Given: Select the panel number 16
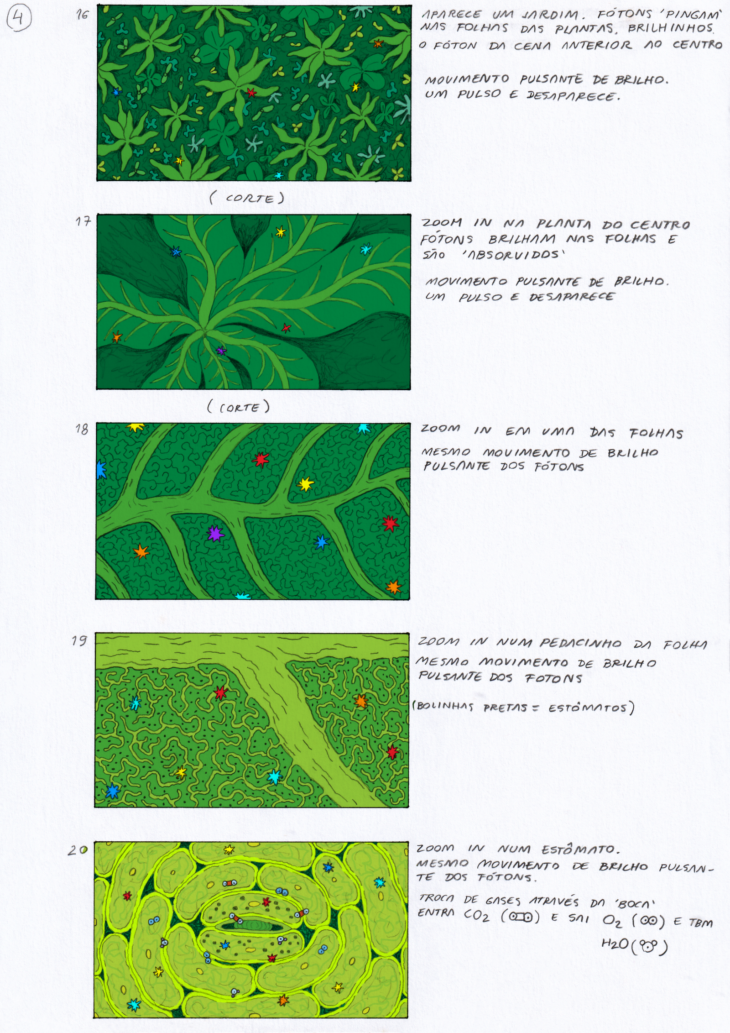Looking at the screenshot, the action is click(82, 15).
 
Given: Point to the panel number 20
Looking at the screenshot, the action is click(77, 850).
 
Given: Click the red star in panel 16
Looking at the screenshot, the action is click(251, 93).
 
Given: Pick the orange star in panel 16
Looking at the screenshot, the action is click(378, 44).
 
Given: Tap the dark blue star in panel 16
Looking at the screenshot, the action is click(116, 92).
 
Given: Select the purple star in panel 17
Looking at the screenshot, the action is click(221, 351).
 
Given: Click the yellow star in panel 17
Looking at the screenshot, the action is click(281, 232).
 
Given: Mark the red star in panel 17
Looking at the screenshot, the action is click(286, 328).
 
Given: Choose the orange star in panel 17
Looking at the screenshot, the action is click(117, 337).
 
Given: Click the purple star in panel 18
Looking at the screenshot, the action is click(215, 533).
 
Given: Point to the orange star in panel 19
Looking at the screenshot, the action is click(361, 701).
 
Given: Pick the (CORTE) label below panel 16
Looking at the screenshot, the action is click(247, 199).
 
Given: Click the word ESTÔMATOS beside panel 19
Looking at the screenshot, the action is click(587, 708).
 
